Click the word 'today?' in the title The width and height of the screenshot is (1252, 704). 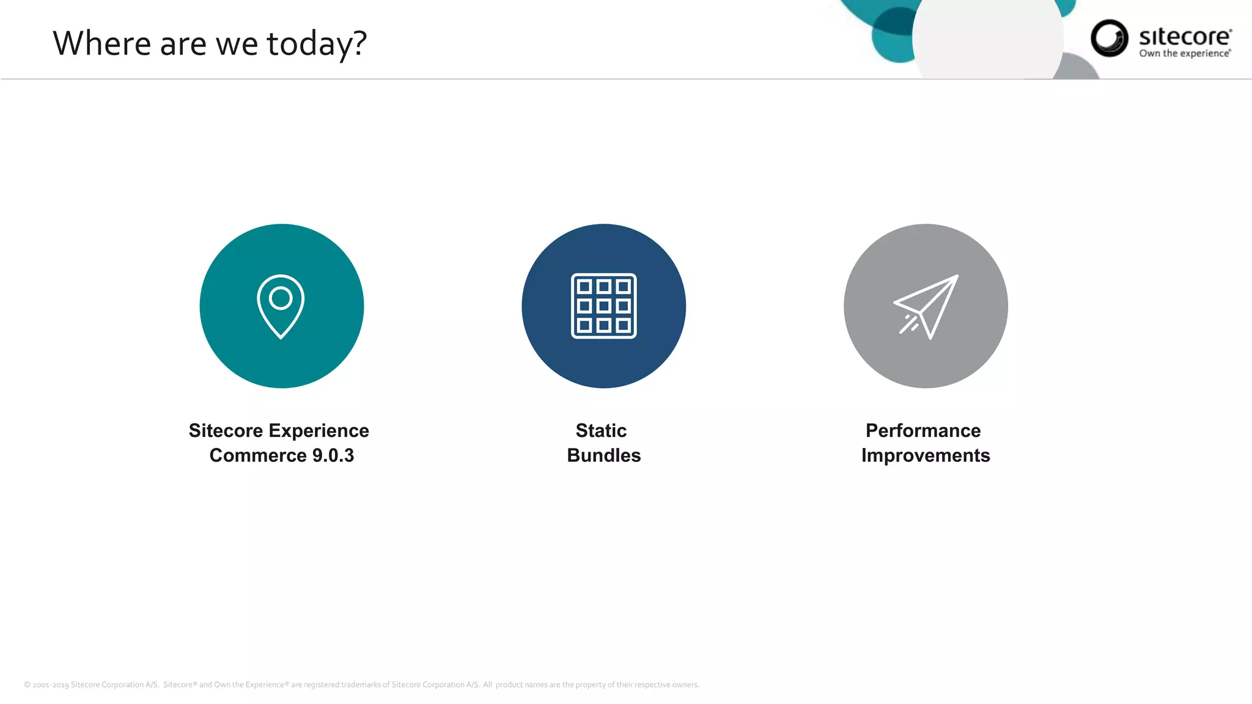pyautogui.click(x=317, y=44)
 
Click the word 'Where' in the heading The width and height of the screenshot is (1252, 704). pyautogui.click(x=101, y=44)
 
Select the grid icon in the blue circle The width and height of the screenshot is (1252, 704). pyautogui.click(x=603, y=306)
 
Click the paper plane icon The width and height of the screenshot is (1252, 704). pyautogui.click(x=926, y=306)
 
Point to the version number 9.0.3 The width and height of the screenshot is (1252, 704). pyautogui.click(x=333, y=455)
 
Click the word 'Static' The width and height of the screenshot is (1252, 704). pyautogui.click(x=601, y=431)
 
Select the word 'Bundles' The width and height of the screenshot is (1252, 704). pyautogui.click(x=603, y=455)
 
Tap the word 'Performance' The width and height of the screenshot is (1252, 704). pyautogui.click(x=922, y=431)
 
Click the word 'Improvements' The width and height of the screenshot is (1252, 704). pyautogui.click(x=925, y=455)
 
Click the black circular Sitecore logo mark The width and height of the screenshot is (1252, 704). pyautogui.click(x=1109, y=38)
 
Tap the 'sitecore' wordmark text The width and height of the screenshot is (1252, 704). pyautogui.click(x=1184, y=37)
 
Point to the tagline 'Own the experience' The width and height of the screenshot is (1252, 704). pyautogui.click(x=1184, y=54)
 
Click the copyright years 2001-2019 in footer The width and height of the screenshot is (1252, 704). pyautogui.click(x=51, y=684)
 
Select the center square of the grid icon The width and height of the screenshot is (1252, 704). pyautogui.click(x=603, y=306)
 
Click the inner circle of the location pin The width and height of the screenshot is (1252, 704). pyautogui.click(x=281, y=298)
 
